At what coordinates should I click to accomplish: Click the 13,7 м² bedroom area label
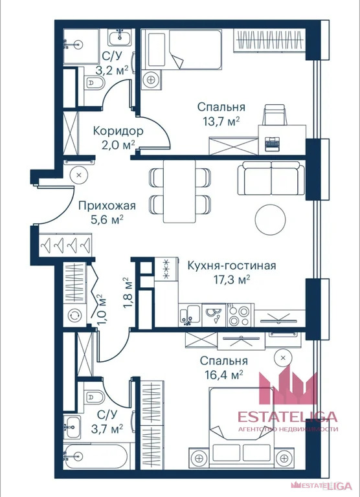221,121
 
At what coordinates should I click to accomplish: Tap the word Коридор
118,131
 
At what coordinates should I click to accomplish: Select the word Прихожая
107,206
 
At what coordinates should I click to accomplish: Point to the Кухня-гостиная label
232,265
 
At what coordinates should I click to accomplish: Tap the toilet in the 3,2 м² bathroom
95,83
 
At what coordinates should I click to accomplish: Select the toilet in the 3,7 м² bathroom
94,397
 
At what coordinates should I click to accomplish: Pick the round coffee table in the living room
270,219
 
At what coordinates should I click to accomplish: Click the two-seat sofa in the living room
271,178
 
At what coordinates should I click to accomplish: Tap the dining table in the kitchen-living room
179,191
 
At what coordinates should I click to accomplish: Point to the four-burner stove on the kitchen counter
240,315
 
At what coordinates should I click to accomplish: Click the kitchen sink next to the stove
190,315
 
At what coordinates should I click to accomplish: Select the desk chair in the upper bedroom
275,115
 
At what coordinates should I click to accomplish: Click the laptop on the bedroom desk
272,144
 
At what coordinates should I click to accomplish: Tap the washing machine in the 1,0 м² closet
74,315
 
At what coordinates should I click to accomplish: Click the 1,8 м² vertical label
127,293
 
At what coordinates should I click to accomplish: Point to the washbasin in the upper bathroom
120,38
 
